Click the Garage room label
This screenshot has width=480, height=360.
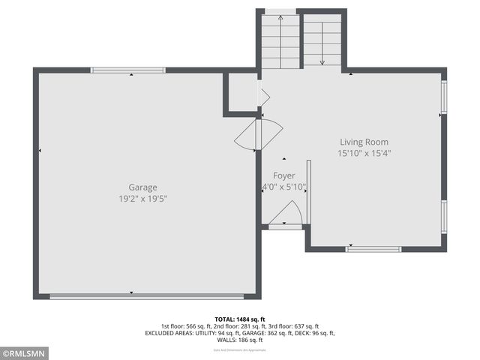[x=142, y=187]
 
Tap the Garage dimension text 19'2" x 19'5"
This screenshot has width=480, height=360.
[x=142, y=199]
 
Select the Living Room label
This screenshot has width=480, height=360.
[x=364, y=142]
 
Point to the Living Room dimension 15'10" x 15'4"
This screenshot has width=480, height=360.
[x=364, y=153]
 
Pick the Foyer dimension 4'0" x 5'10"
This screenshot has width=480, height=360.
[x=283, y=187]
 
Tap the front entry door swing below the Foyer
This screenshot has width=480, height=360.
[x=285, y=215]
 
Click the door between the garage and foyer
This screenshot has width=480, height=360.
[x=258, y=133]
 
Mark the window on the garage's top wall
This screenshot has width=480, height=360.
[x=127, y=70]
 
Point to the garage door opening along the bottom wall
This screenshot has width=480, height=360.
[x=150, y=297]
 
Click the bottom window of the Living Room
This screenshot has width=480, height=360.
[x=373, y=249]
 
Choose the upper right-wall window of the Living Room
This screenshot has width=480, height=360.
[x=444, y=97]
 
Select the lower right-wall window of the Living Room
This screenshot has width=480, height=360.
[x=444, y=217]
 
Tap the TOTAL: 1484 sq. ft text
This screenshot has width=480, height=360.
[x=240, y=319]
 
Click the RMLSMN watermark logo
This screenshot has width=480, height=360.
[x=25, y=353]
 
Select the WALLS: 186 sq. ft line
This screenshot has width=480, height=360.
[x=240, y=340]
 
